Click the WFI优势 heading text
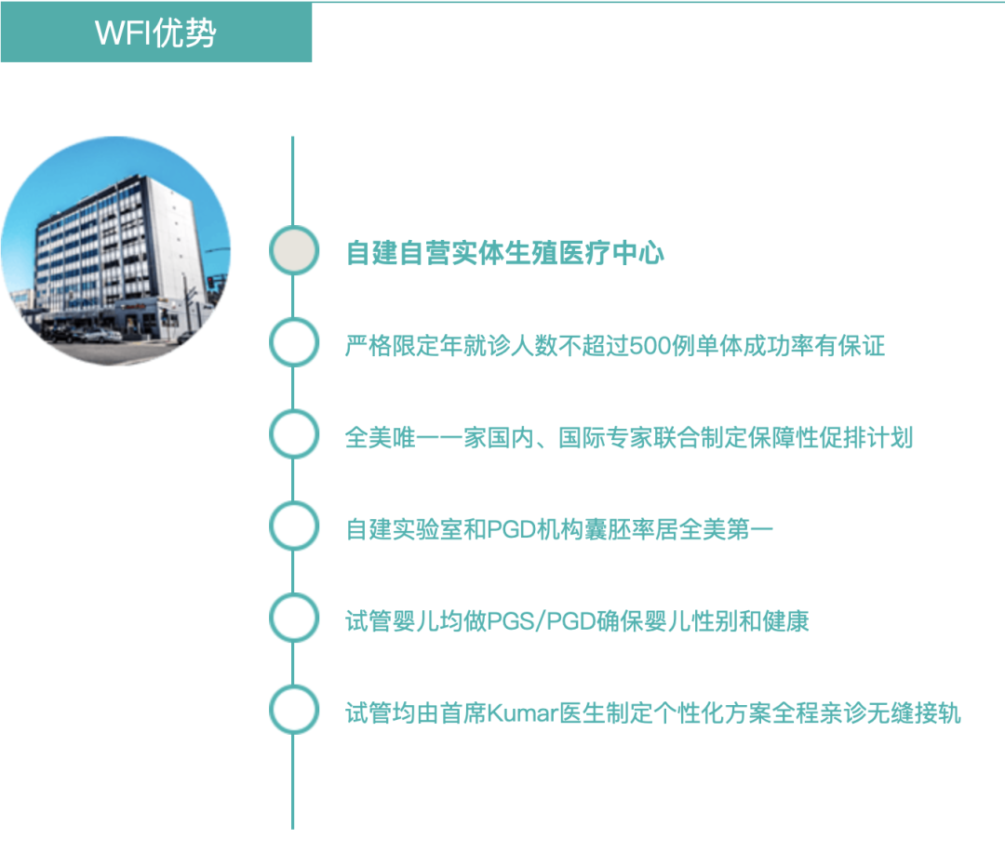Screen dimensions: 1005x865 click(x=155, y=33)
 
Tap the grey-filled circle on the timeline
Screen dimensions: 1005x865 click(x=293, y=250)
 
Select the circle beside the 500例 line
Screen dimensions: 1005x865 click(x=293, y=343)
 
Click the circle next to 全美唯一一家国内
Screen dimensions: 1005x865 click(x=293, y=434)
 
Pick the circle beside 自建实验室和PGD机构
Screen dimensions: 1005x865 click(x=293, y=526)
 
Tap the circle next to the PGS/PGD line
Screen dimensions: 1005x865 click(x=293, y=619)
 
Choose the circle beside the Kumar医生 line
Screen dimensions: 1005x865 click(x=293, y=710)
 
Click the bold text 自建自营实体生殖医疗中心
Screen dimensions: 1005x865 click(x=504, y=252)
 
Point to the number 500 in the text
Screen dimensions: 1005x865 click(x=650, y=346)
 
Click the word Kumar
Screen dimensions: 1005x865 click(x=522, y=713)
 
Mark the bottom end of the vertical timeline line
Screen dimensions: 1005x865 click(x=292, y=829)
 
